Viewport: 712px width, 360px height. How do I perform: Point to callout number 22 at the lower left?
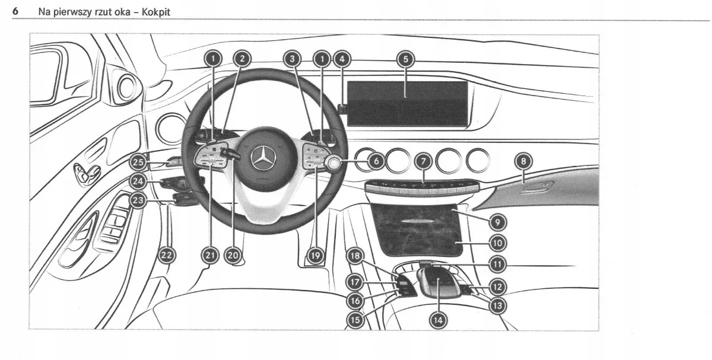pyautogui.click(x=167, y=255)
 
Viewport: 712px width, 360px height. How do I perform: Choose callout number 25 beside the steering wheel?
pyautogui.click(x=138, y=161)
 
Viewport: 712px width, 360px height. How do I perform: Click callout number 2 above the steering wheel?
pyautogui.click(x=241, y=59)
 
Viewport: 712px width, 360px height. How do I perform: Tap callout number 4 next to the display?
pyautogui.click(x=341, y=59)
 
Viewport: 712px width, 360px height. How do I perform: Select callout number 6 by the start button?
pyautogui.click(x=376, y=160)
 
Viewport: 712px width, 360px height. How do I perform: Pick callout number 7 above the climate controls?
pyautogui.click(x=422, y=160)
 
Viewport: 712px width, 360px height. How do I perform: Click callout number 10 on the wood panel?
pyautogui.click(x=497, y=242)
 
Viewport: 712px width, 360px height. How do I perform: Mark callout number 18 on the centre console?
pyautogui.click(x=355, y=256)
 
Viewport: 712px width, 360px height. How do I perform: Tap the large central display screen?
pyautogui.click(x=407, y=103)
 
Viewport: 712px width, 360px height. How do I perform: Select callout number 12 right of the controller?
pyautogui.click(x=497, y=287)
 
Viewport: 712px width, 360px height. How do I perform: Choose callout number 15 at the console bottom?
pyautogui.click(x=355, y=319)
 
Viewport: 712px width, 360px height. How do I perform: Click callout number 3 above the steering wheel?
pyautogui.click(x=291, y=59)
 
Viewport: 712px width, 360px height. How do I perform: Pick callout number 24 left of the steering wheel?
pyautogui.click(x=138, y=180)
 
